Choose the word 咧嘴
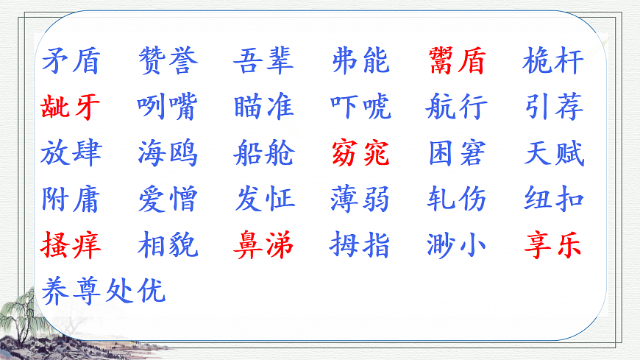coord(168,107)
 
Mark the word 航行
coord(457,107)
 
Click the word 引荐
coord(554,107)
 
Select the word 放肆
coord(71,153)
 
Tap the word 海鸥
coord(168,153)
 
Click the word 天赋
coord(554,153)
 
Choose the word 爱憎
coord(168,199)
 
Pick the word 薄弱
coord(360,199)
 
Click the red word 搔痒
coord(71,244)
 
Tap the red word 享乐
coord(554,244)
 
